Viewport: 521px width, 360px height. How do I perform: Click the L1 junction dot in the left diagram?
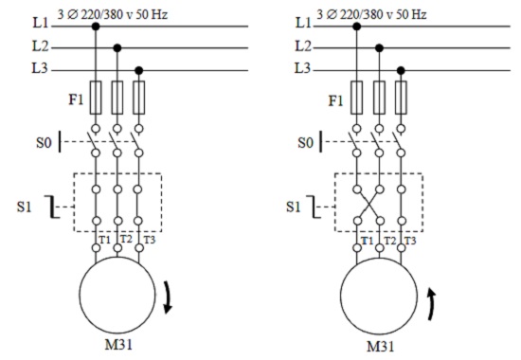click(x=96, y=27)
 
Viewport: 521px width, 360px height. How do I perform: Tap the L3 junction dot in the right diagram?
click(x=401, y=70)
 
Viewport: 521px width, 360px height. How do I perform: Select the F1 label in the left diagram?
click(x=76, y=99)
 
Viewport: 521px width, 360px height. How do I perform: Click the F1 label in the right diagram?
click(x=335, y=100)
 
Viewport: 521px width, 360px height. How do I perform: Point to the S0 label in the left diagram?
click(x=45, y=143)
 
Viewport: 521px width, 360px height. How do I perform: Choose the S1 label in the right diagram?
click(x=294, y=207)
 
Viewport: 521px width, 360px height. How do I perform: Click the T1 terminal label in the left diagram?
click(x=104, y=240)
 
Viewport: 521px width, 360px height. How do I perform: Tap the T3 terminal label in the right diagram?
click(x=410, y=241)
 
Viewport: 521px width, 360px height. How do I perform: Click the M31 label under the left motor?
click(x=118, y=345)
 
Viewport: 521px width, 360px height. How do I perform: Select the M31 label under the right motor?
click(x=381, y=347)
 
